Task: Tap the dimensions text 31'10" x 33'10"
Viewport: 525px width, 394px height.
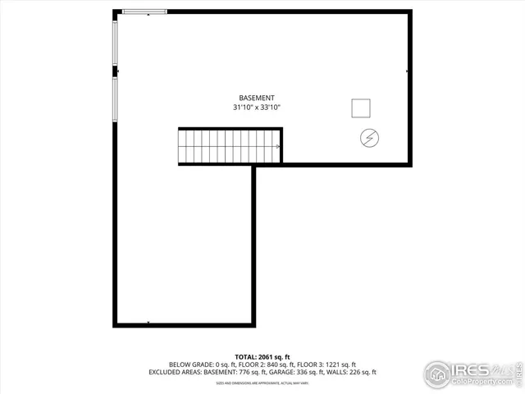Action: click(262, 108)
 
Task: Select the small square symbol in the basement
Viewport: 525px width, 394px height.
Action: click(360, 108)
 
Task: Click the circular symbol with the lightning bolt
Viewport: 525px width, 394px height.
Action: click(368, 138)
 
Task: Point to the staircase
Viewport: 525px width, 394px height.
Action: click(231, 146)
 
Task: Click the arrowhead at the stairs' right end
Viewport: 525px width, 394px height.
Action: click(279, 146)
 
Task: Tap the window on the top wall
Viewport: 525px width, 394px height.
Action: click(144, 11)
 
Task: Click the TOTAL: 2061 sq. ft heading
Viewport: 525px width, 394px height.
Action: click(262, 356)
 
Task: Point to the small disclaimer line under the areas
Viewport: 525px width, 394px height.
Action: click(262, 382)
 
